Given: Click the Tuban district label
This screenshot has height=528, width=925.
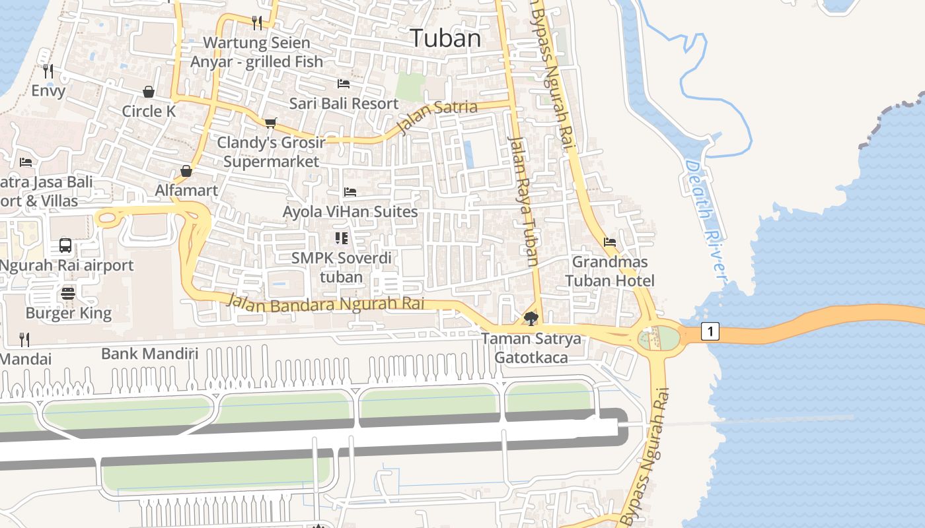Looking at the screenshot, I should pos(445,38).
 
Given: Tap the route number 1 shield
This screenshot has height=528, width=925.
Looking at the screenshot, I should pos(710,331).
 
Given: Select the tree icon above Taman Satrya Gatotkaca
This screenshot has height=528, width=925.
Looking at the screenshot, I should pos(531,319).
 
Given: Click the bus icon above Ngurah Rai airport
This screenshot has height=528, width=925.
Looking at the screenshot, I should pos(65,246).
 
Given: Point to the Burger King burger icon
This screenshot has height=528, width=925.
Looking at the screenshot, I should pos(68,294).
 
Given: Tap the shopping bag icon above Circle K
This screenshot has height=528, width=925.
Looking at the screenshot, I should pos(149,92).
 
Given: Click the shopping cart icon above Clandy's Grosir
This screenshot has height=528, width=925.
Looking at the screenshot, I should pos(270,123).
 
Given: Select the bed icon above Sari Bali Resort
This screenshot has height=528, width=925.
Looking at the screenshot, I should pos(344,84).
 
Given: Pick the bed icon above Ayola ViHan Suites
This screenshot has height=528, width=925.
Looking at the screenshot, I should pos(350,192).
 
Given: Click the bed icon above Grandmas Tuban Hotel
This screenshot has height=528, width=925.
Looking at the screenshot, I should pos(610,242).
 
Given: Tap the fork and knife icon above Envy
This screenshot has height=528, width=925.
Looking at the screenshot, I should pos(48,71).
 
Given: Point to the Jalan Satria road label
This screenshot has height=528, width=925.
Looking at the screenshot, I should pos(437,116).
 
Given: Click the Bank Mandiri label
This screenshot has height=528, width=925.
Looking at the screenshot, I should pos(149,353).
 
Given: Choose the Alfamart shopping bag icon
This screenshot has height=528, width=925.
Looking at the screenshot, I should pos(186,171).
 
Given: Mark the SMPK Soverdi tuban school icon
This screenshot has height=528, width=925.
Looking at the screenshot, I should pos(341,238).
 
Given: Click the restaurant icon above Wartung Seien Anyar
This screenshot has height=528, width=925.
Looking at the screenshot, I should pos(257,23).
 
